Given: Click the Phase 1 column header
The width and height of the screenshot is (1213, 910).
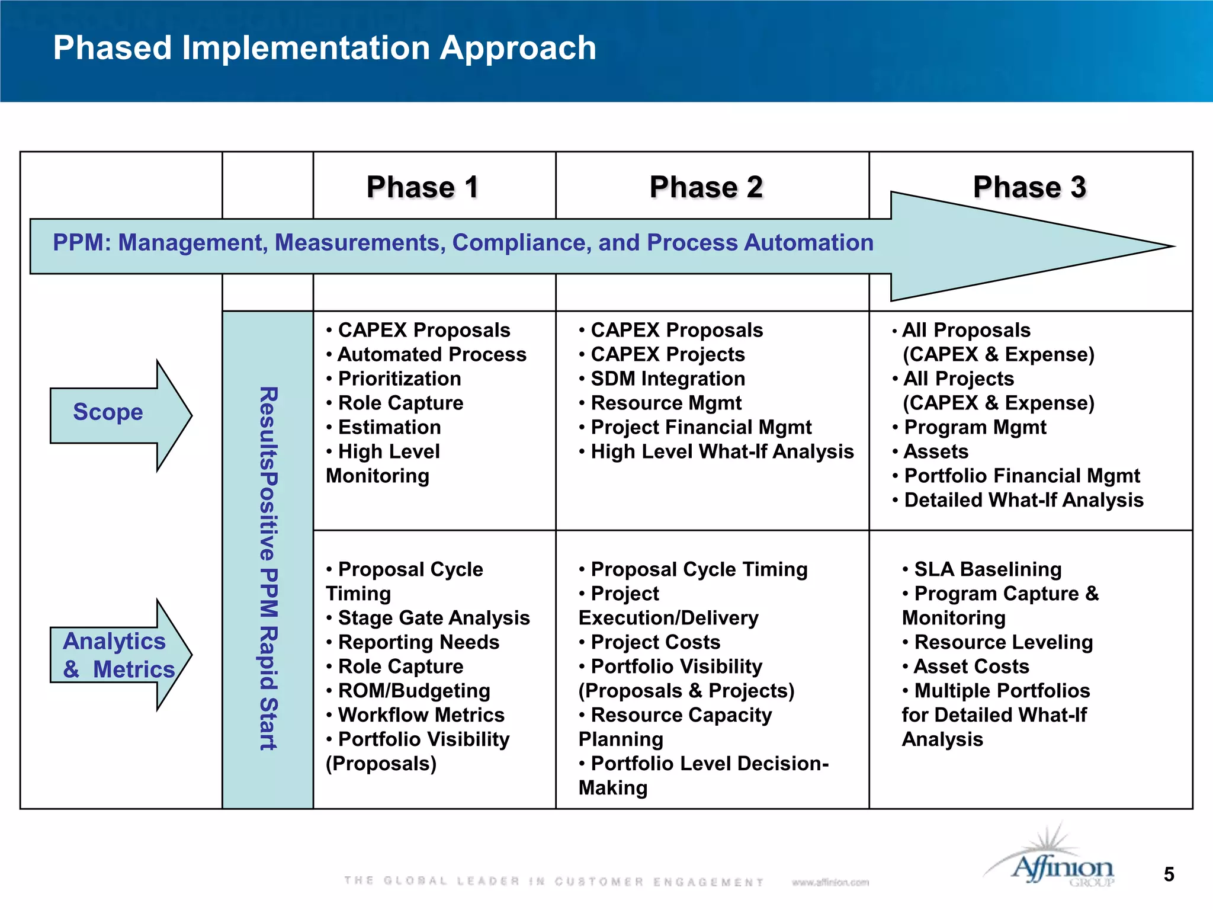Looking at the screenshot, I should (422, 187).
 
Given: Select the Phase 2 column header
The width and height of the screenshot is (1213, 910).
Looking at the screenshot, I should (706, 187).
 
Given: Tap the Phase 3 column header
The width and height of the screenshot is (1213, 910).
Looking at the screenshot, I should (1029, 187).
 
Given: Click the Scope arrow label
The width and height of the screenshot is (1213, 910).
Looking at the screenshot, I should (108, 412).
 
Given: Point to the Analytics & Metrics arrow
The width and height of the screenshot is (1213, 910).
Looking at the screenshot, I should (118, 655).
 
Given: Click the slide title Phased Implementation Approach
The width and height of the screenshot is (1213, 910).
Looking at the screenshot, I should (325, 47).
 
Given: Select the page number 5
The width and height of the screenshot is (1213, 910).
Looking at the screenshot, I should (1169, 874).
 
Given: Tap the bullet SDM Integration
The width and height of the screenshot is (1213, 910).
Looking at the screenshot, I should (668, 379).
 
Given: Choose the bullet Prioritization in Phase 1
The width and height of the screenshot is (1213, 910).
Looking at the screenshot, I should (399, 379).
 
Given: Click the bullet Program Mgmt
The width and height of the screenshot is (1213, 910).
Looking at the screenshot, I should (975, 427).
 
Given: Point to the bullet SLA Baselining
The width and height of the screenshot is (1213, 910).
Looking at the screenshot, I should (987, 569).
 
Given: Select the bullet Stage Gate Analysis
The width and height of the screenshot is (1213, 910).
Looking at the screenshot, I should (434, 618).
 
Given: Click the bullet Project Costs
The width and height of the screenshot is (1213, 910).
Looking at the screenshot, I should (655, 642).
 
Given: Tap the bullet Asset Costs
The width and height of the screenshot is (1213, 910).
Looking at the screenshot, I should (971, 667).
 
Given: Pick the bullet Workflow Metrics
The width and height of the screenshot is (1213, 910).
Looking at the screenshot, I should (421, 715).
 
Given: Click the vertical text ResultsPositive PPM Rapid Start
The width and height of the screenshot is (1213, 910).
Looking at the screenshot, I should (268, 569).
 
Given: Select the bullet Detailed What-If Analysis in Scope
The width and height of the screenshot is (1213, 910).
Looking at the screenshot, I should (1023, 500).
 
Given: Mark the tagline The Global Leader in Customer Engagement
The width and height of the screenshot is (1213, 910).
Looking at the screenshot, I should (554, 882).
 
